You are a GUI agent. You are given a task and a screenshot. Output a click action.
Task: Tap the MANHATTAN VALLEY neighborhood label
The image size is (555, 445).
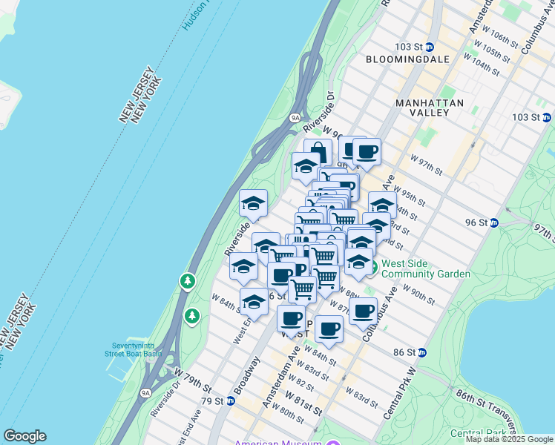430,108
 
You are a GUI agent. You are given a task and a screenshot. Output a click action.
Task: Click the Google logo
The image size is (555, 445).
24,436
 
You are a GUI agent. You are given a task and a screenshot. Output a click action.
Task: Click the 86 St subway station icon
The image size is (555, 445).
422,352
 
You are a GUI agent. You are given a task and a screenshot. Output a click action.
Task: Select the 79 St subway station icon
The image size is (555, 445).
231,401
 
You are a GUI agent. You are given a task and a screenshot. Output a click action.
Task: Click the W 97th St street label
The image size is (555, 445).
427,165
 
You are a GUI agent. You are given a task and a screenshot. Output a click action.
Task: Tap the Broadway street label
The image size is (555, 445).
247,376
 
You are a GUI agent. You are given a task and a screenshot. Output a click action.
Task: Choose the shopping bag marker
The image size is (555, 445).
318,151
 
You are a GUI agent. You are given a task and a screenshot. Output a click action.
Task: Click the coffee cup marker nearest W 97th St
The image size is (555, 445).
367,152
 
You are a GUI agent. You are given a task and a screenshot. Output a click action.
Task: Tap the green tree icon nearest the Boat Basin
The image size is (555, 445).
193,316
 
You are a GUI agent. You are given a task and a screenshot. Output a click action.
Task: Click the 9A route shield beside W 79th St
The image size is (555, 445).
145,382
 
